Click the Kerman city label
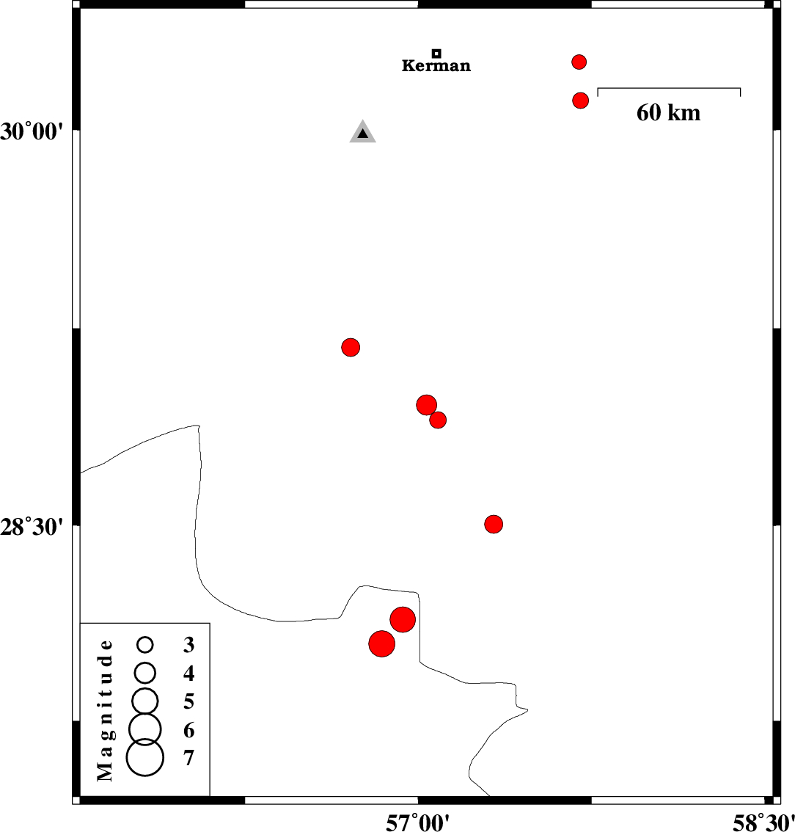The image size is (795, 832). (x=436, y=66)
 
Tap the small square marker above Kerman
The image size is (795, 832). (x=436, y=53)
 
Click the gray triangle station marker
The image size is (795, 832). (x=362, y=133)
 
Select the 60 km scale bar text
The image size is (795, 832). (x=668, y=112)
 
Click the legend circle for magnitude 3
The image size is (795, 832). (x=145, y=645)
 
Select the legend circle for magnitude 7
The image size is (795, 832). (x=144, y=757)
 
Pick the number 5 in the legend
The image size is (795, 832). (x=188, y=701)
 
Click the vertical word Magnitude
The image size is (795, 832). (x=106, y=709)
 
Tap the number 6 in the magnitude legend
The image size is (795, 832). (x=188, y=730)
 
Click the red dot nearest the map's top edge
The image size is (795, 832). (x=579, y=62)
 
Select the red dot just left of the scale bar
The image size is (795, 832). (x=580, y=101)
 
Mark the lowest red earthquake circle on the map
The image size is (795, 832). (x=381, y=643)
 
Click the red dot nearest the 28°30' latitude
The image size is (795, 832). (x=494, y=524)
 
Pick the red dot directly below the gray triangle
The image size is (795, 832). (x=351, y=347)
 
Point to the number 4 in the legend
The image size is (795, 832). (x=188, y=673)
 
